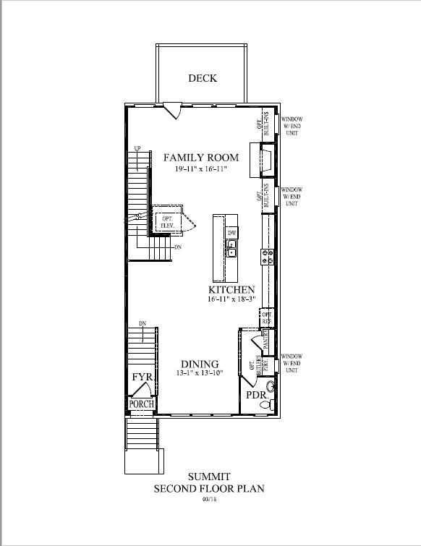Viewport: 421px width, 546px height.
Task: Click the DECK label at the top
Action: point(203,78)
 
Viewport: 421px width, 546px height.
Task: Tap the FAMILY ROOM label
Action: point(200,157)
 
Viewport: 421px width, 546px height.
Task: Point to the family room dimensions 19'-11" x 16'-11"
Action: point(200,169)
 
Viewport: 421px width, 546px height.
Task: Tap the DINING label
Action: point(200,364)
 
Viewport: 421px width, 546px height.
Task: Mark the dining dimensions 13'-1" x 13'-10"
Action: point(200,373)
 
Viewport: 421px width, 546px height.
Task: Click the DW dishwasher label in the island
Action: point(232,234)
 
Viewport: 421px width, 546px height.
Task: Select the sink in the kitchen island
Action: point(232,250)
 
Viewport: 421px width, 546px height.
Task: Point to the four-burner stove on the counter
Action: point(266,255)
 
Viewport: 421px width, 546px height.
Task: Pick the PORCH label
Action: point(142,404)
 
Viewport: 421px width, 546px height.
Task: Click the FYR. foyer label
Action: point(142,378)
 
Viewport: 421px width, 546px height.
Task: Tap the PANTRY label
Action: point(265,336)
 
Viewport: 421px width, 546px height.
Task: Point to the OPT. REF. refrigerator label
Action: point(265,317)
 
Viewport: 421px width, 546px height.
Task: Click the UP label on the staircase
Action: point(136,150)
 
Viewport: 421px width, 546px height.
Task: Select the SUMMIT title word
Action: point(209,477)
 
